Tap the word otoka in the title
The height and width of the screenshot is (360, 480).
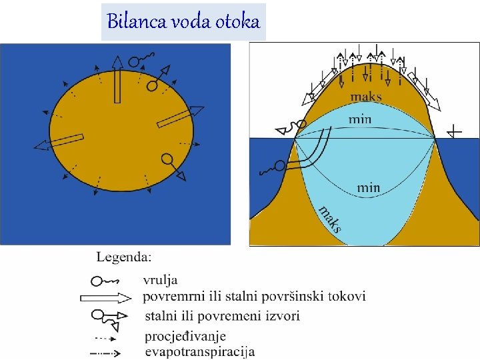[237, 21]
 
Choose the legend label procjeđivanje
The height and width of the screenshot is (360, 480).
[185, 337]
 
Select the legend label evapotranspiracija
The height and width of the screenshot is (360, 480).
[199, 352]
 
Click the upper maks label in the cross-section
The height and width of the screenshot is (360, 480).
[366, 97]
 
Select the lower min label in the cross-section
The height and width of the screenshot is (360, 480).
[368, 188]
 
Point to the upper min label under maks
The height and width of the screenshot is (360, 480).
[360, 120]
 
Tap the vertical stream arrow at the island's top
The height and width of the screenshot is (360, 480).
[117, 80]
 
